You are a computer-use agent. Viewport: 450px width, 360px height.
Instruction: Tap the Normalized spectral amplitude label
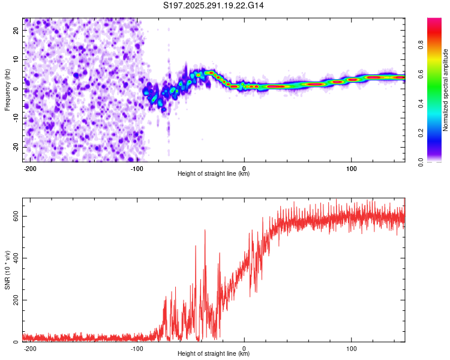445,91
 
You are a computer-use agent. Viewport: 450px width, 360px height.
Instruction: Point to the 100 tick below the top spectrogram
351,167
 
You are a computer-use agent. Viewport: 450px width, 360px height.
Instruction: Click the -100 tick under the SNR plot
137,347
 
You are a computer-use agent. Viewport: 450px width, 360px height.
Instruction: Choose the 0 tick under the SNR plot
244,347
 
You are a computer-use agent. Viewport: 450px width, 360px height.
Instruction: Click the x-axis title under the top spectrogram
214,174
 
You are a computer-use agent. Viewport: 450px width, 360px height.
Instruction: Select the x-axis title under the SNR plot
214,354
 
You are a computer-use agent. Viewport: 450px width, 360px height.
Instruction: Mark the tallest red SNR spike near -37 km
205,230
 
